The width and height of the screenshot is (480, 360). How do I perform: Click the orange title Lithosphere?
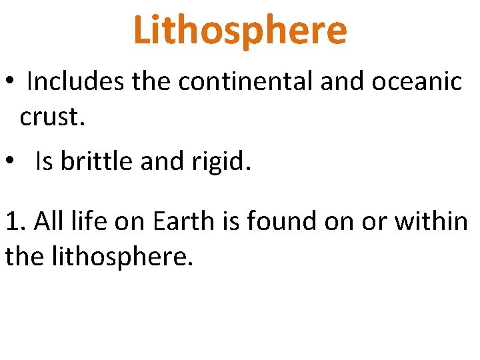(x=240, y=30)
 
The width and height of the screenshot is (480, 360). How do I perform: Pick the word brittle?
(x=97, y=162)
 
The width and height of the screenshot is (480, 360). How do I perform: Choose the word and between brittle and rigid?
(x=160, y=162)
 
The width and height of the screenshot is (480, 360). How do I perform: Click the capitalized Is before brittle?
(x=45, y=162)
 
